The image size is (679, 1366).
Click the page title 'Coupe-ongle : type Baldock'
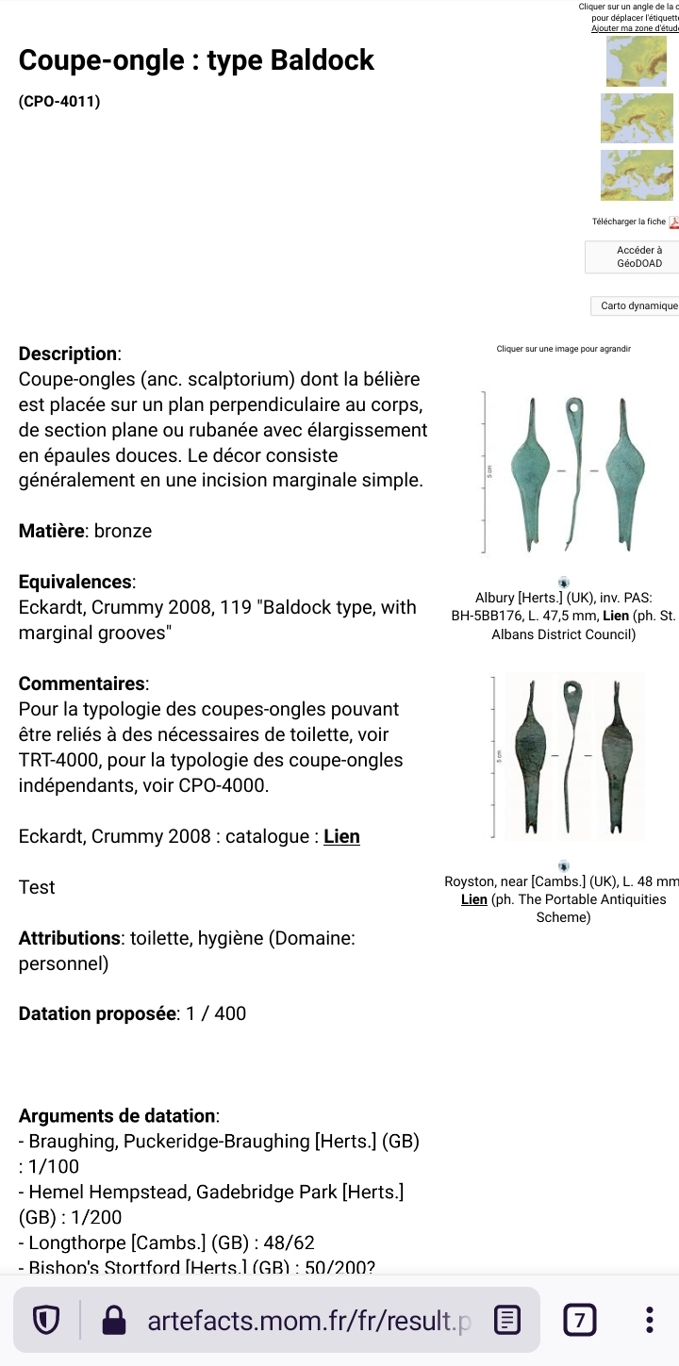coord(196,60)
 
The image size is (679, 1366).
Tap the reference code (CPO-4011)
coord(59,101)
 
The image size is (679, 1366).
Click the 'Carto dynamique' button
coord(638,305)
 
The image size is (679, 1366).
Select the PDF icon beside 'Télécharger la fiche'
coord(673,222)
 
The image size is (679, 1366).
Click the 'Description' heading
coord(69,354)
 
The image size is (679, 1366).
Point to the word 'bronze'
coord(123,531)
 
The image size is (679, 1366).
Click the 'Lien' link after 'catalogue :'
coord(341,836)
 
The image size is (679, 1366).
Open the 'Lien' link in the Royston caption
coord(473,899)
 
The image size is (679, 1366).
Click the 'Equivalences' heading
coord(76,582)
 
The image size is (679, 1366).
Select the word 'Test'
coord(37,887)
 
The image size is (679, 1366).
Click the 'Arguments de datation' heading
coord(118,1116)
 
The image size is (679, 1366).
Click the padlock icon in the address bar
coord(114,1321)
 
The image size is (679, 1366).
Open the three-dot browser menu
coord(650,1320)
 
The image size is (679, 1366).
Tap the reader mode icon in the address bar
coord(507,1320)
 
